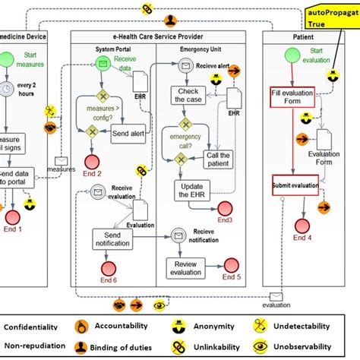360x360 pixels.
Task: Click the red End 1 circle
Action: [11, 211]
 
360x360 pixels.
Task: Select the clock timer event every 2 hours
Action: [6, 89]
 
